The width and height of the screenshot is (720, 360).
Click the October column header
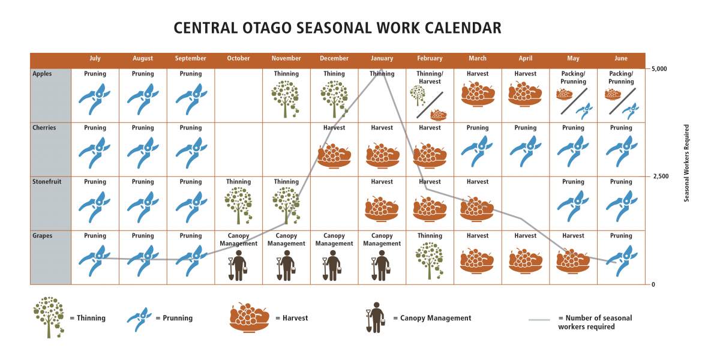coord(238,58)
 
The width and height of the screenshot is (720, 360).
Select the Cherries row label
coord(44,128)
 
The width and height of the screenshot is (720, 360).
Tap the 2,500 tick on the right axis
coord(661,176)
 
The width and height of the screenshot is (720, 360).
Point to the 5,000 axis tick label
coord(659,68)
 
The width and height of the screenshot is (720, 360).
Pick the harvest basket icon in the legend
coord(249,317)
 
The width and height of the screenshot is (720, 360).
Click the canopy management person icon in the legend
coord(375,317)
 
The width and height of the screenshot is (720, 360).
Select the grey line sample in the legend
coord(539,320)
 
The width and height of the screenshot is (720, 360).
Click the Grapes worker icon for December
coord(332,265)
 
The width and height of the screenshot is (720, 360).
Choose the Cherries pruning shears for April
coord(526,151)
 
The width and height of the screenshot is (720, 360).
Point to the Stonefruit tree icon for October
coord(238,206)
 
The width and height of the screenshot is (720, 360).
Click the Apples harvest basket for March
coord(478,94)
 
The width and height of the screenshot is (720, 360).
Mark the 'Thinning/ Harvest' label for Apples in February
coord(430,77)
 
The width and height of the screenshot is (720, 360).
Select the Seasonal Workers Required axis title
coord(686,163)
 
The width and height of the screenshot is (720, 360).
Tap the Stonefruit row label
coord(47,182)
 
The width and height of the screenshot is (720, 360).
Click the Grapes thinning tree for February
coord(430,260)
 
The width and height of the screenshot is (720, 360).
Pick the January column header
coord(382,58)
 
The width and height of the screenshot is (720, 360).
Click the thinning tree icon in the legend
coord(49,317)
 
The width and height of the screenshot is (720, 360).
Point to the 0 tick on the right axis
coord(653,284)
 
